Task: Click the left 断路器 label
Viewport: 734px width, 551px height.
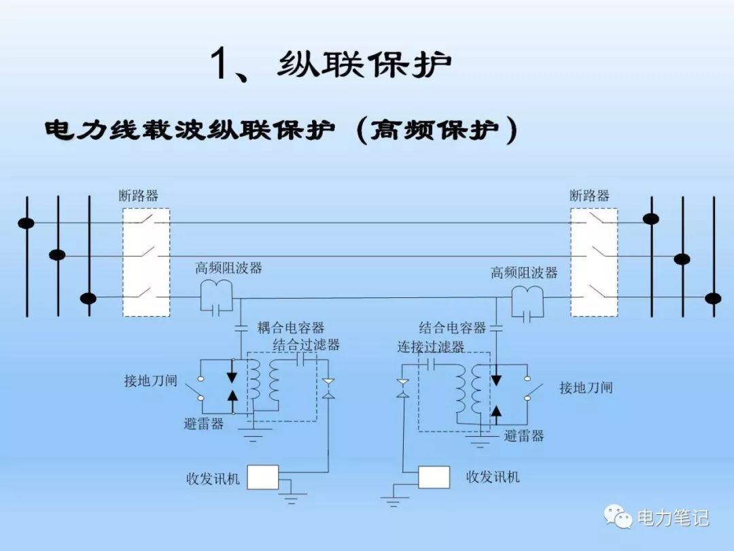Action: tap(139, 196)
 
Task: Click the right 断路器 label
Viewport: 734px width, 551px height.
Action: tap(589, 196)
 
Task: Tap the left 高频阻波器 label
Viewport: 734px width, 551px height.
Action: tap(228, 268)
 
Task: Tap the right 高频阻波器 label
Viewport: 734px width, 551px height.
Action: tap(524, 273)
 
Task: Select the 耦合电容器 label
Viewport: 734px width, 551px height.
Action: tap(291, 328)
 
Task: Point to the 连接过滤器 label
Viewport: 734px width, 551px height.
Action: tap(431, 347)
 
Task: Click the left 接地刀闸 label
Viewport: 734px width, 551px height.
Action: tap(150, 380)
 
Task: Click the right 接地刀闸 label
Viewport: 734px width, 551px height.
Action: tap(586, 388)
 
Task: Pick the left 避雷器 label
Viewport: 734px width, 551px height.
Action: tap(203, 424)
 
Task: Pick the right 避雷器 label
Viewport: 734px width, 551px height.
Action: tap(524, 436)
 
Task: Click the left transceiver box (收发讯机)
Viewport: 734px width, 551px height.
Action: tap(263, 477)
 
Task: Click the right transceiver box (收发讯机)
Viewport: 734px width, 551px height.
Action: tap(434, 477)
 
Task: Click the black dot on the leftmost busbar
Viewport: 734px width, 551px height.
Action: tap(27, 223)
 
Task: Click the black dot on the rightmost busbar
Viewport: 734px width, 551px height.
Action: tap(713, 298)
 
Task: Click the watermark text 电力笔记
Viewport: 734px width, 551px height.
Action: tap(673, 518)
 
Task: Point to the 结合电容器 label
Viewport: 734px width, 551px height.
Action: tap(453, 328)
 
